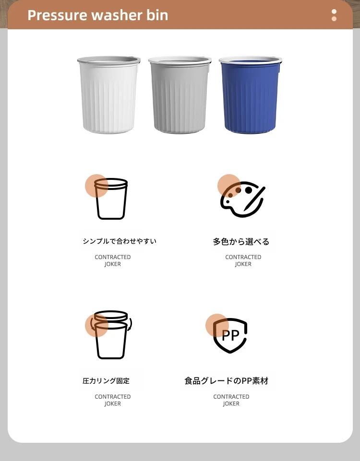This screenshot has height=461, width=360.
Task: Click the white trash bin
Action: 109,95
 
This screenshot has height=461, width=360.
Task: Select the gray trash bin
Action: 180,95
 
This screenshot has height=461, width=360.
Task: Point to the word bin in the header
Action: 157,15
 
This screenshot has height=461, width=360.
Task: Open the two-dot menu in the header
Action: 334,15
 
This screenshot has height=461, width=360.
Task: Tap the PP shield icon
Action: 230,335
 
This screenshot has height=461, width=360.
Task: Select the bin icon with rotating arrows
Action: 111,335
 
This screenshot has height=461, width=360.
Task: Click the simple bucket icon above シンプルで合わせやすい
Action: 111,199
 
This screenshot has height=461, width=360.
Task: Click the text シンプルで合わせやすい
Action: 120,241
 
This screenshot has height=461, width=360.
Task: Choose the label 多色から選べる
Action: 241,242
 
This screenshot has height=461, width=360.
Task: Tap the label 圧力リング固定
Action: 106,381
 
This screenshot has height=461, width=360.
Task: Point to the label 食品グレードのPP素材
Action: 227,381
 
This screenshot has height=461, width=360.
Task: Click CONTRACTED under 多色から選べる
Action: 243,257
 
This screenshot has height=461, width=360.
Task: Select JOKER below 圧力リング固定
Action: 113,403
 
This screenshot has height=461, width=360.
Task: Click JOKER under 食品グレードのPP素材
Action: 231,403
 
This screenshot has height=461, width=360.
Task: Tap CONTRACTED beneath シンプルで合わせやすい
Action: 113,257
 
